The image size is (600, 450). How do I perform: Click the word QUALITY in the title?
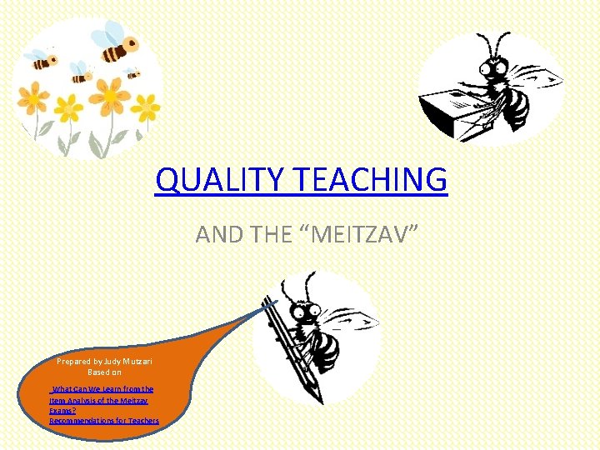coord(212,179)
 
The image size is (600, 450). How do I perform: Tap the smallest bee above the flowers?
coord(132,72)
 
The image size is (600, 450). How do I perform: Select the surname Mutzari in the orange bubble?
coord(137,362)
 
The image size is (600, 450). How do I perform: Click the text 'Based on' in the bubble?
coord(104,372)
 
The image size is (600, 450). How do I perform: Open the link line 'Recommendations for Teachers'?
coord(103,421)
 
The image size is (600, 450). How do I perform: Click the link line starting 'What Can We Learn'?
coord(102,389)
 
